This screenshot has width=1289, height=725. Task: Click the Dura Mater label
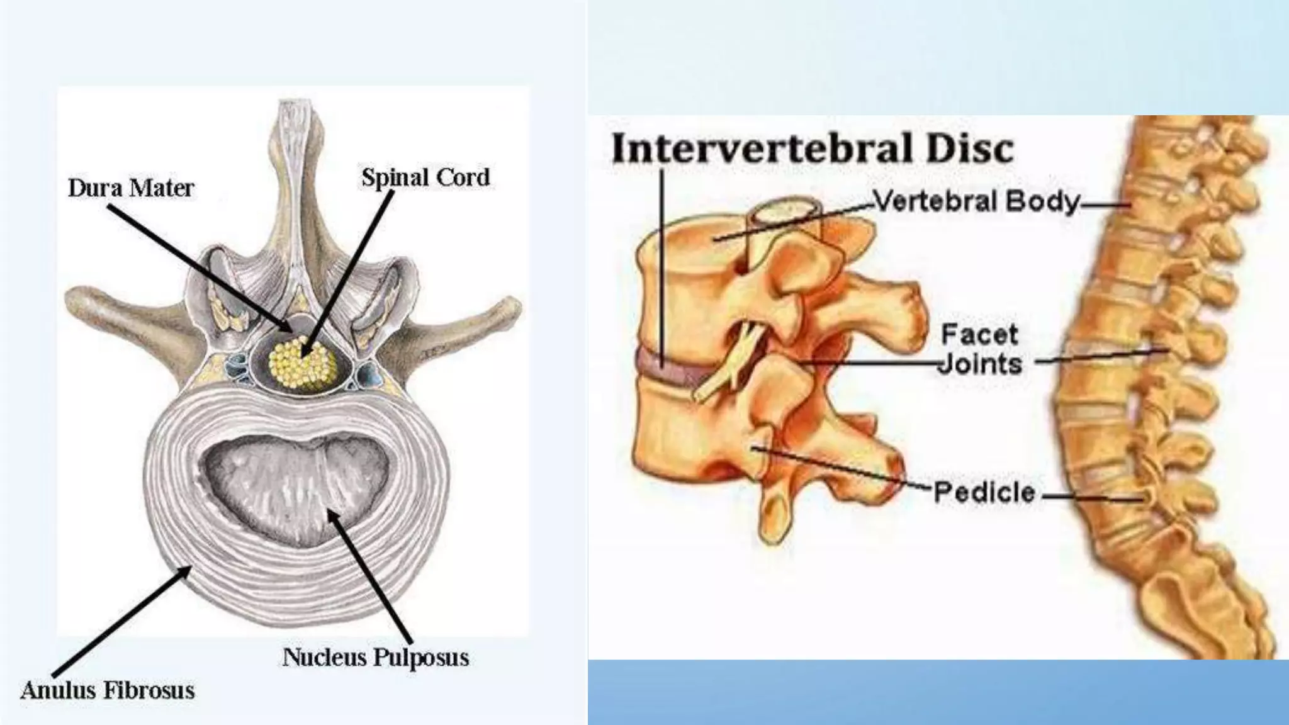tap(131, 188)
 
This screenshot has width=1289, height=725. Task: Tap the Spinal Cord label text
tap(425, 177)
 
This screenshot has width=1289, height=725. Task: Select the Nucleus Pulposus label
tap(376, 657)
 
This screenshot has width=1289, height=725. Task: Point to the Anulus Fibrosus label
tap(108, 690)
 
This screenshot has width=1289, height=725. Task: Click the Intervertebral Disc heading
tap(813, 149)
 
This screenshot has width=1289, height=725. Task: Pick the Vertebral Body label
tap(976, 201)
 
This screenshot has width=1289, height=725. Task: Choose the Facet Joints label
tap(980, 349)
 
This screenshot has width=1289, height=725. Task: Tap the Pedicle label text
tap(984, 492)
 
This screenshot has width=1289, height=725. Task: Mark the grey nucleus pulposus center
tap(295, 485)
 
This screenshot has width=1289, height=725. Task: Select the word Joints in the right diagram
tap(980, 364)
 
